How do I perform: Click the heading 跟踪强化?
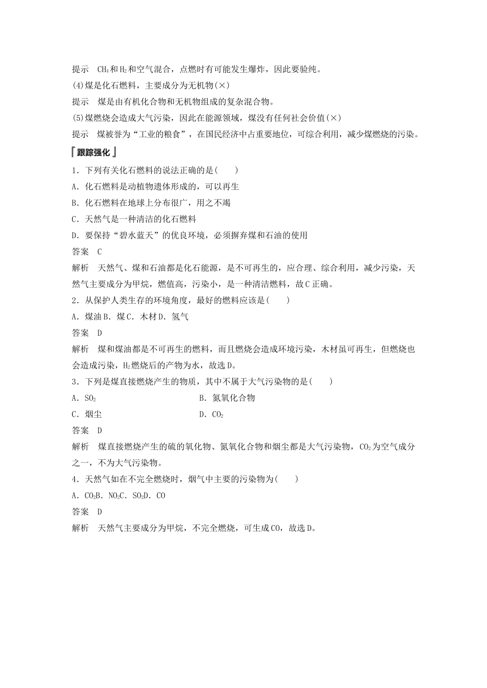[x=94, y=153]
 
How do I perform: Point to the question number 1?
[x=75, y=170]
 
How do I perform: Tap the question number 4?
[x=75, y=480]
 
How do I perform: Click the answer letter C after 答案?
[x=99, y=252]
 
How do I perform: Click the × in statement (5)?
[x=333, y=118]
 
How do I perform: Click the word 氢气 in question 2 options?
[x=180, y=317]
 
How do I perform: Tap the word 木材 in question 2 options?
[x=148, y=317]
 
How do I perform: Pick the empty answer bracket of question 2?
[x=278, y=300]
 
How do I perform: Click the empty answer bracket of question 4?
[x=287, y=480]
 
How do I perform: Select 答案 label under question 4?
[x=80, y=512]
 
